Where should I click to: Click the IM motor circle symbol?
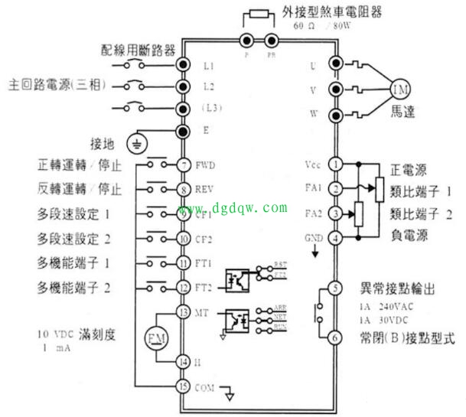click(401, 90)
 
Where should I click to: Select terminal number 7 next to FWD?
click(183, 165)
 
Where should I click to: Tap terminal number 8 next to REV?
click(183, 189)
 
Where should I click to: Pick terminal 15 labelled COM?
click(183, 386)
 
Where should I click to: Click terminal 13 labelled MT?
click(183, 312)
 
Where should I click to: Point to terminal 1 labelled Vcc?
click(334, 164)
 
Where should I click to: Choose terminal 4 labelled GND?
click(334, 238)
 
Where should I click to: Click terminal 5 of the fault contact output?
click(334, 288)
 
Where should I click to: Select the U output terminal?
click(334, 64)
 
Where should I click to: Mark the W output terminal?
click(334, 116)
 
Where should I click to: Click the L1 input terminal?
click(183, 64)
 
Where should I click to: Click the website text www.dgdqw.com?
click(233, 207)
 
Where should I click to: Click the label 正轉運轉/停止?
click(79, 165)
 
